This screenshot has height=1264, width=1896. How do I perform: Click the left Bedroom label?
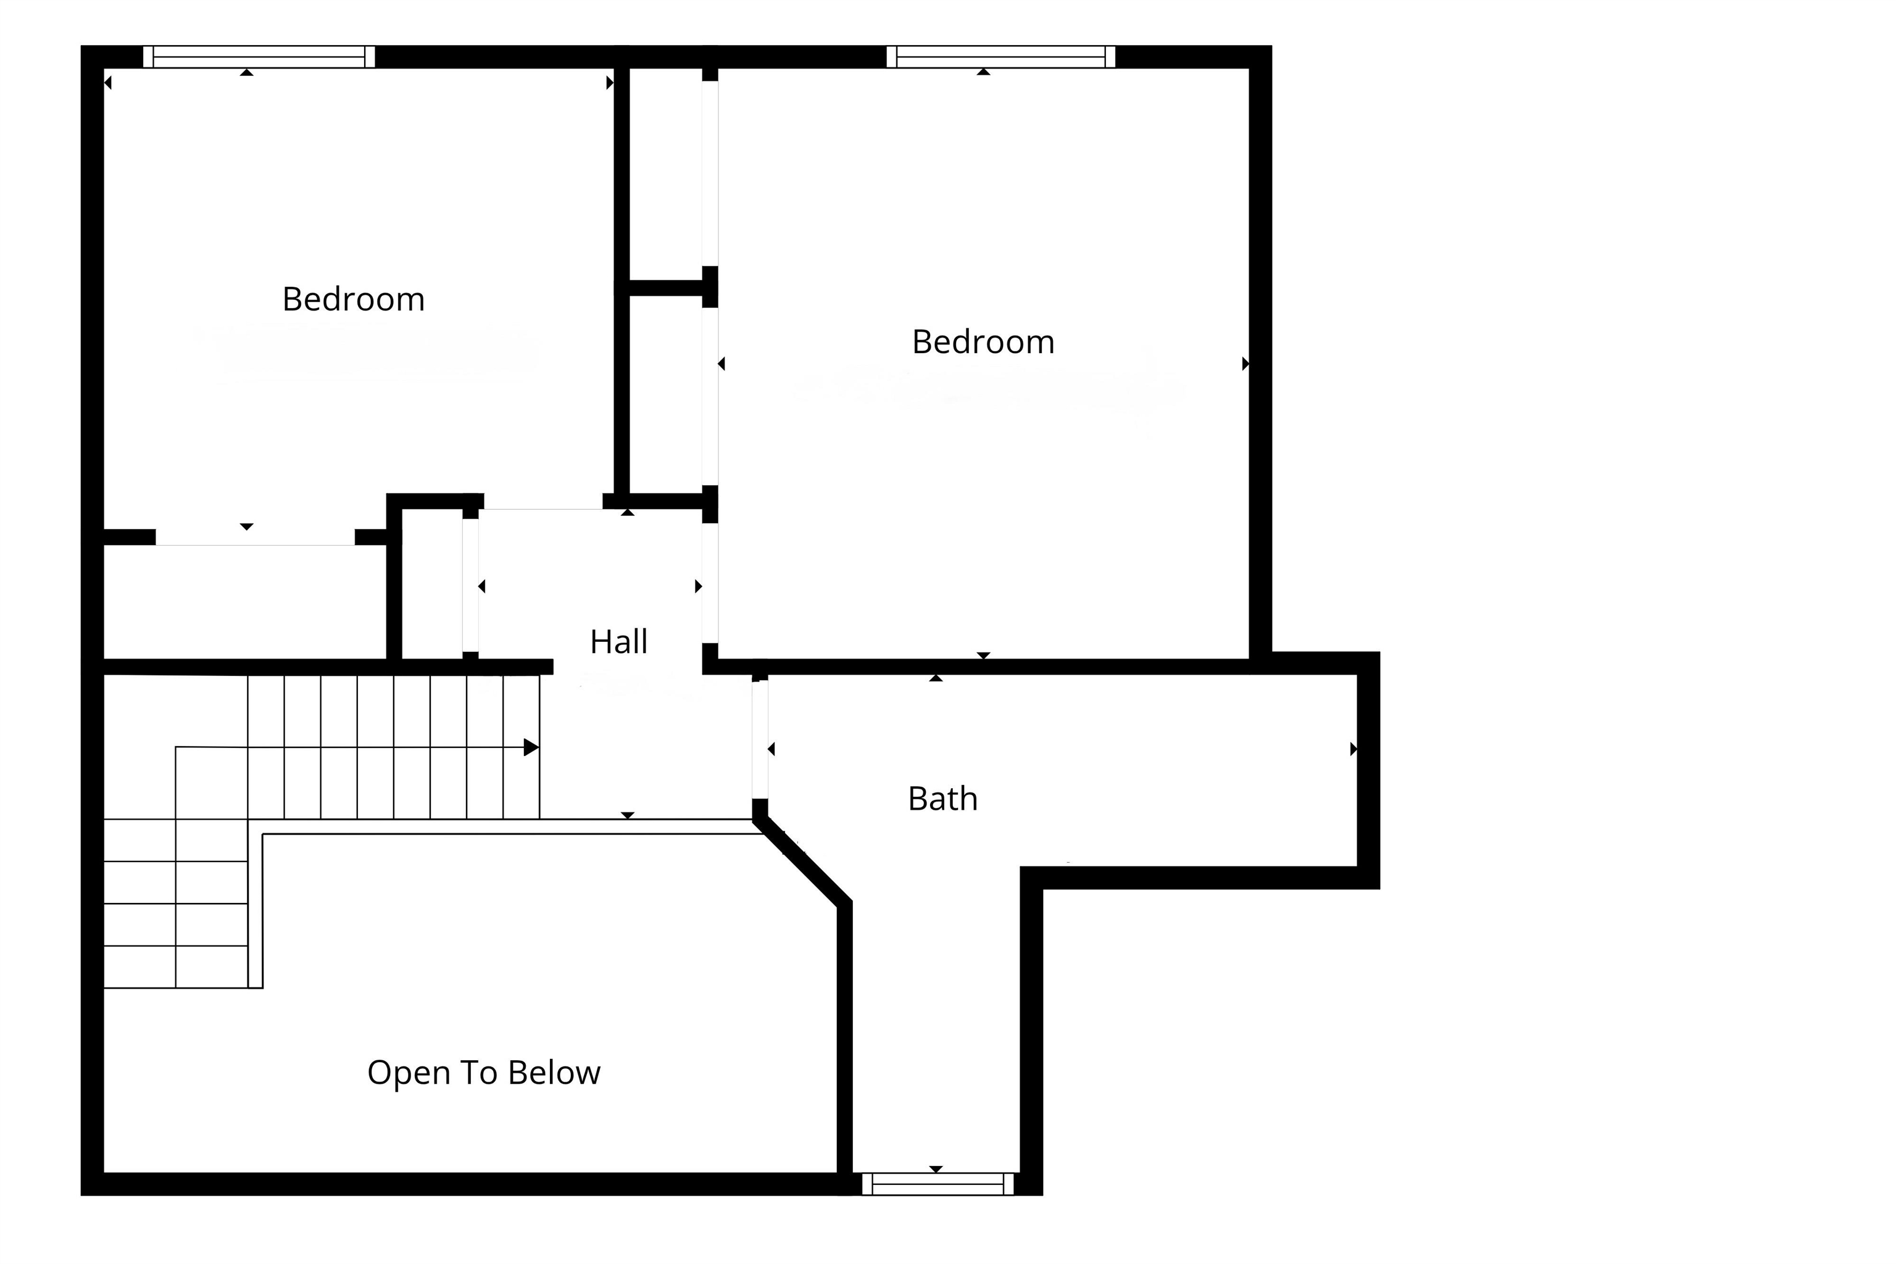coord(353,299)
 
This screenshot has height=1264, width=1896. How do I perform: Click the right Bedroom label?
coord(983,342)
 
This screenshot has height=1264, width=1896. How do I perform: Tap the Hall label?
coord(618,642)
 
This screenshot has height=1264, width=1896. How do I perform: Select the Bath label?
coord(942,799)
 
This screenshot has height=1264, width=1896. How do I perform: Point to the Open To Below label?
coord(484,1073)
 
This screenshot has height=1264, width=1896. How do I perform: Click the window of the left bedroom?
coord(259,56)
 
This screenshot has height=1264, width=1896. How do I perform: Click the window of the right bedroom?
coord(1000,56)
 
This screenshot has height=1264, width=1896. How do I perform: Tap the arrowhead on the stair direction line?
coord(531,747)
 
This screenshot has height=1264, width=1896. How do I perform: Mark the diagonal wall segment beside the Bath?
coord(802,861)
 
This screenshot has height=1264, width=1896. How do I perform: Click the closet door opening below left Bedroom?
coord(255,537)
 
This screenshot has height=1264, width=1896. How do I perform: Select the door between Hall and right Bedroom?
coord(709,584)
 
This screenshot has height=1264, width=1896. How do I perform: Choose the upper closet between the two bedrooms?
coord(665,173)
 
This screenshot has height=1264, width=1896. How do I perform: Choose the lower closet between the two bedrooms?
coord(665,395)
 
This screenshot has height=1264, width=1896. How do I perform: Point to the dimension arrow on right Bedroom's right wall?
coord(1245,364)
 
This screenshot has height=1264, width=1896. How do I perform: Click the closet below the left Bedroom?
coord(245,602)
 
